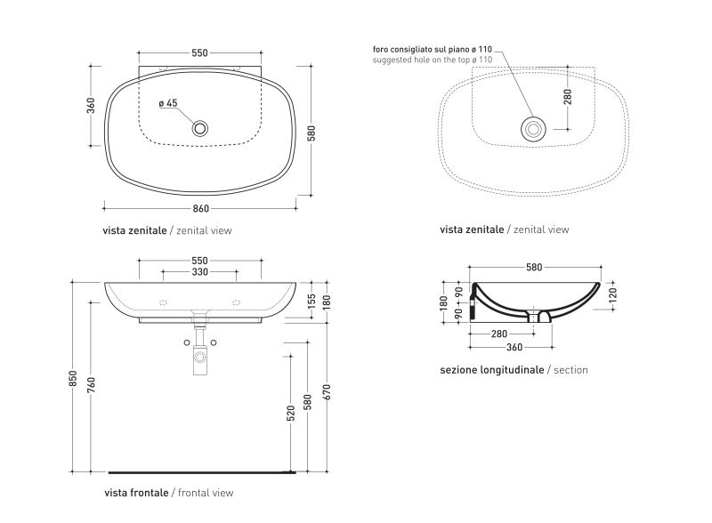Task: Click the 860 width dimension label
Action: [x=201, y=209]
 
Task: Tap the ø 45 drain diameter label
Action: [x=168, y=103]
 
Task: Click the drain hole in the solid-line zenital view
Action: [x=199, y=128]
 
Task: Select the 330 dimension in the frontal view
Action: [x=199, y=272]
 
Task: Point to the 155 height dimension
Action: [x=311, y=302]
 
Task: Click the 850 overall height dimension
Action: [x=73, y=379]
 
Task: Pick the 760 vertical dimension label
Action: [x=92, y=385]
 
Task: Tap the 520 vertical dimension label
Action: [x=291, y=413]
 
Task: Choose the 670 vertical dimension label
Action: [x=328, y=392]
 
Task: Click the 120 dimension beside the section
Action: [x=612, y=295]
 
